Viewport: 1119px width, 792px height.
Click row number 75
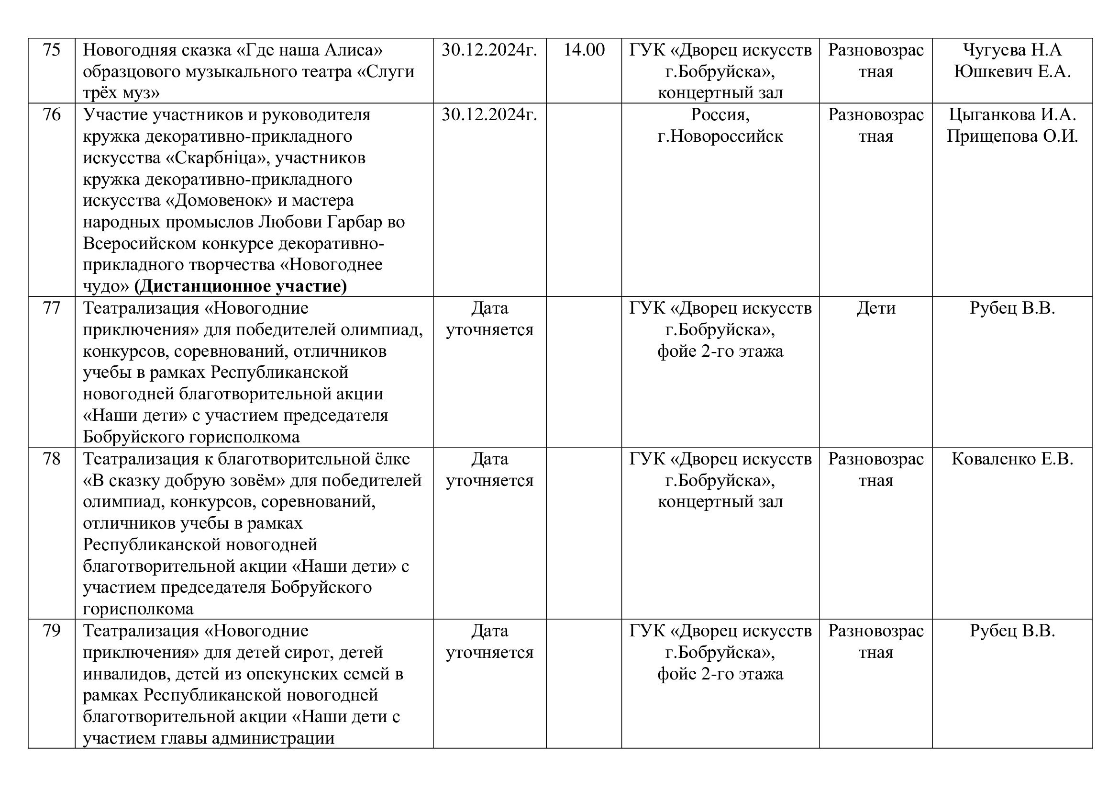point(52,50)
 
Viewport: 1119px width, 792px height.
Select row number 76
point(52,114)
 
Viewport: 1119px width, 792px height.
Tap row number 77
point(52,308)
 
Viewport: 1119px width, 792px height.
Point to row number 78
point(52,459)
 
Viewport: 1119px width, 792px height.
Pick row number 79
point(52,631)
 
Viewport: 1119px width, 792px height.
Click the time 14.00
point(584,50)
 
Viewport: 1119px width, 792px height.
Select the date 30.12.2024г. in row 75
point(489,50)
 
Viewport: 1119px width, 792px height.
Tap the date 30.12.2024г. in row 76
point(489,114)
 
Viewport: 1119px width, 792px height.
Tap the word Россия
point(720,114)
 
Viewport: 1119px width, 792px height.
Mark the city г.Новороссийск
point(720,136)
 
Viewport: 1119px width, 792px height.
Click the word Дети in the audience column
point(876,308)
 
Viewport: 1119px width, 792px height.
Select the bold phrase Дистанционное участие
point(241,286)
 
